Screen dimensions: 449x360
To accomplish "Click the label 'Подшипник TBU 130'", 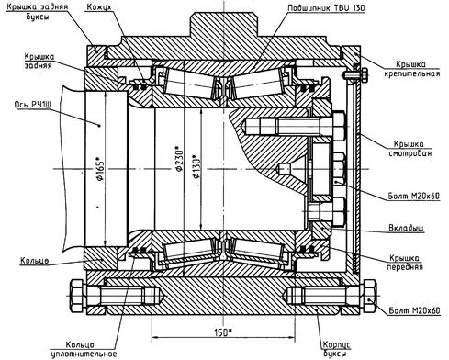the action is (326, 7).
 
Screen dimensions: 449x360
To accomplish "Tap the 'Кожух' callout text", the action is (99, 6).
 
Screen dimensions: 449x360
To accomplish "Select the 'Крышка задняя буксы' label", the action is (37, 11).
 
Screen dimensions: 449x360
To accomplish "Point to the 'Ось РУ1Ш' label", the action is (32, 105).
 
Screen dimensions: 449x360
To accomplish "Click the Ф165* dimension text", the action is (100, 169).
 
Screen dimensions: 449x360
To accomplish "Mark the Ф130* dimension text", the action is (196, 167).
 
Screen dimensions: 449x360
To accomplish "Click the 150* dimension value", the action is (222, 332).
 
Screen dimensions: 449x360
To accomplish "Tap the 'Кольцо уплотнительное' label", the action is (84, 350).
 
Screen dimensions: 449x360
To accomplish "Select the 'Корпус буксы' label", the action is (336, 349).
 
